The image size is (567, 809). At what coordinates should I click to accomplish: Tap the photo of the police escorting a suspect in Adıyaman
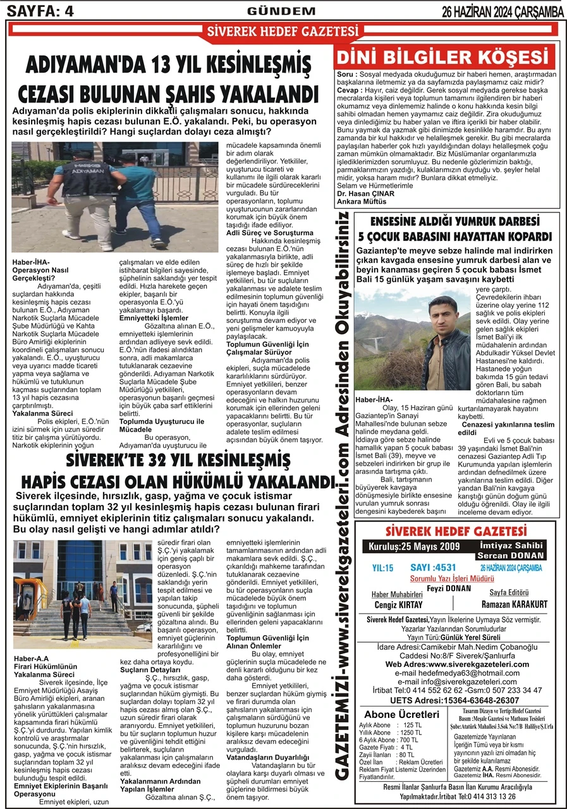[115, 197]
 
